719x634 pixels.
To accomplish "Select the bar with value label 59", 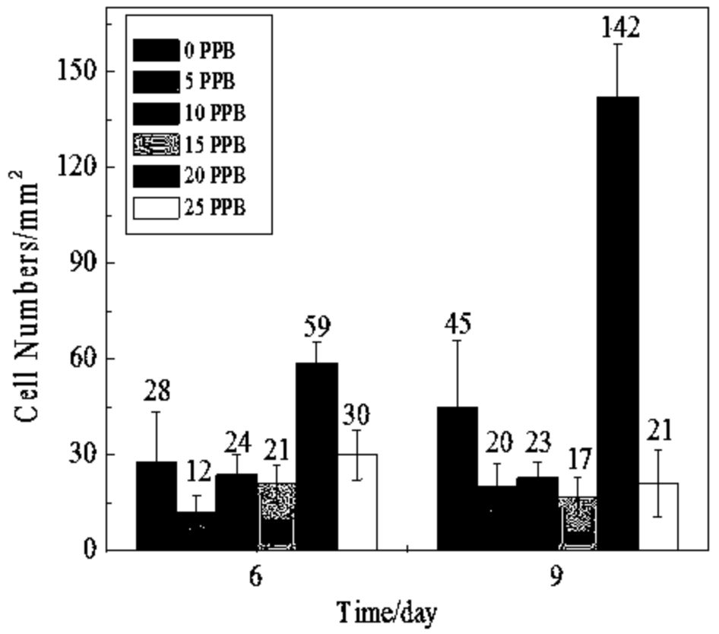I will (317, 455).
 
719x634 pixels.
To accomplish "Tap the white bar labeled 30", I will (356, 502).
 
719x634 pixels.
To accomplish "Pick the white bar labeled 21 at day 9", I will (658, 515).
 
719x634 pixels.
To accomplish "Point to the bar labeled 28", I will (157, 505).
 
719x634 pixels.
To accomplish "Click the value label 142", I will (618, 29).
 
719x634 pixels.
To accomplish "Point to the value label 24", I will (236, 441).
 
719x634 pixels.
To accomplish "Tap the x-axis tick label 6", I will (256, 577).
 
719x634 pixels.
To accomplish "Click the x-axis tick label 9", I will (557, 577).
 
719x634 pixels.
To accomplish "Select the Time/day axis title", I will (388, 613).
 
